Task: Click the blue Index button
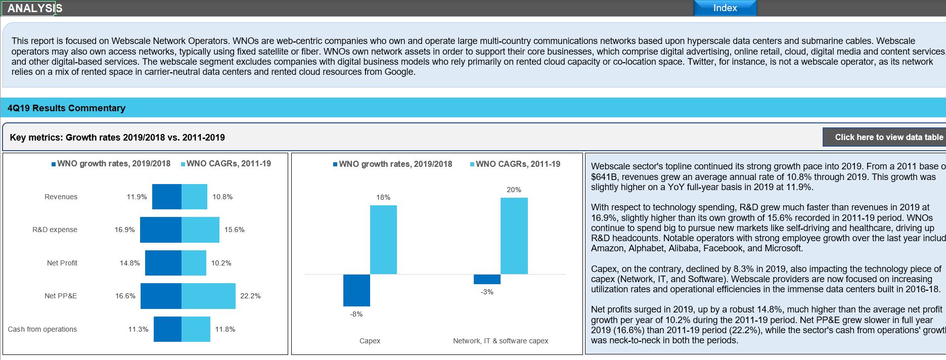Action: point(725,8)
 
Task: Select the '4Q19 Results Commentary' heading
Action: point(66,108)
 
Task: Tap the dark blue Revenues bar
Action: point(166,197)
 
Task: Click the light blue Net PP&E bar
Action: point(208,296)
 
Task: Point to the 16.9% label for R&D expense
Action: point(124,230)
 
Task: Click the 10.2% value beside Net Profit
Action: point(221,263)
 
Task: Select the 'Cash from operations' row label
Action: point(42,329)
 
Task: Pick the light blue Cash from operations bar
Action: point(196,329)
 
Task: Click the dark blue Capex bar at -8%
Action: point(356,290)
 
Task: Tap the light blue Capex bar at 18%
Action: point(383,240)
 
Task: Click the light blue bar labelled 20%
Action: point(514,236)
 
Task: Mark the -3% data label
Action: point(487,292)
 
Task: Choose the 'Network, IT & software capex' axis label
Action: point(501,341)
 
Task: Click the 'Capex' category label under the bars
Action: point(370,341)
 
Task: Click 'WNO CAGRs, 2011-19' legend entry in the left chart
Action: point(228,164)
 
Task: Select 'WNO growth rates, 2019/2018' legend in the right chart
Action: point(395,164)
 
